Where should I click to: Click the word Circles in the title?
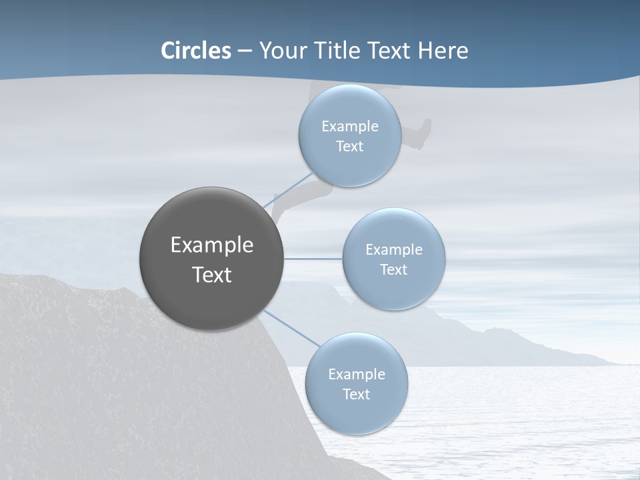196,51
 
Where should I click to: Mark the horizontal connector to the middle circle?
313,259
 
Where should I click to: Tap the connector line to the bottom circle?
292,329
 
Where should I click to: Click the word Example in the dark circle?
211,245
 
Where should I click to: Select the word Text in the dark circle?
211,275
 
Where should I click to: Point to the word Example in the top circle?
349,126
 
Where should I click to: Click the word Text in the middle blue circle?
393,269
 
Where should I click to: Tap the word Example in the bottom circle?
356,374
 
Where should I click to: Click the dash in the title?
245,51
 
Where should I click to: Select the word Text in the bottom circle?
356,394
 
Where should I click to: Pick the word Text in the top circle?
349,146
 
